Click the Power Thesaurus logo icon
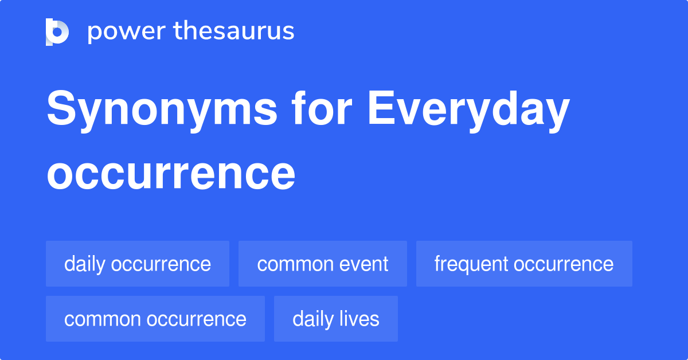57,32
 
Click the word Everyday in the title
468,111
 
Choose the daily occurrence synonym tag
138,264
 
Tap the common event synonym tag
323,264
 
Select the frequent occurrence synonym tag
524,264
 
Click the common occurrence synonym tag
155,319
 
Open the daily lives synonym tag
336,319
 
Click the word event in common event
365,264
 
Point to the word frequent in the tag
471,264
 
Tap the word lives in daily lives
360,319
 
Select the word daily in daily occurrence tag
84,264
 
